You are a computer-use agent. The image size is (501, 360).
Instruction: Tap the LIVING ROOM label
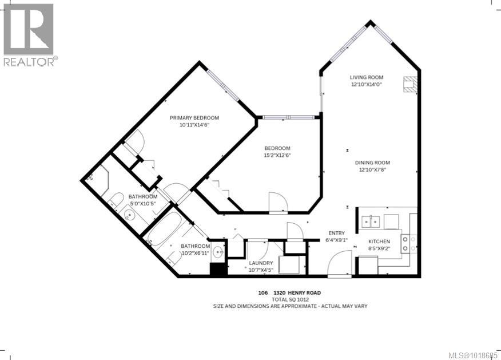(x=366, y=77)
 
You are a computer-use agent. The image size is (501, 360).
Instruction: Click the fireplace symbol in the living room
(x=411, y=84)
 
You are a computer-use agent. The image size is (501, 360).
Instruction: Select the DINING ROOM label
(x=374, y=163)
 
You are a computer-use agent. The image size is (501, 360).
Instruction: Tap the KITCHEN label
(x=379, y=242)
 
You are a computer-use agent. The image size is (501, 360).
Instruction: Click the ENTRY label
(x=336, y=233)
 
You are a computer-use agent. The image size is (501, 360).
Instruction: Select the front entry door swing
(x=340, y=264)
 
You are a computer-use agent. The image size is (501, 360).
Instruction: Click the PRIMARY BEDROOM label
(x=194, y=118)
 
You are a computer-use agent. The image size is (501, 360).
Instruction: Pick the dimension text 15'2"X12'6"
(x=277, y=156)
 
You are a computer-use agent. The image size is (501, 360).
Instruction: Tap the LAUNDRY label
(x=260, y=263)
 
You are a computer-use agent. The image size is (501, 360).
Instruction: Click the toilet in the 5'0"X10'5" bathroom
(x=116, y=200)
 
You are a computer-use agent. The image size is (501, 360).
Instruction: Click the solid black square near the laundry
(x=218, y=270)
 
